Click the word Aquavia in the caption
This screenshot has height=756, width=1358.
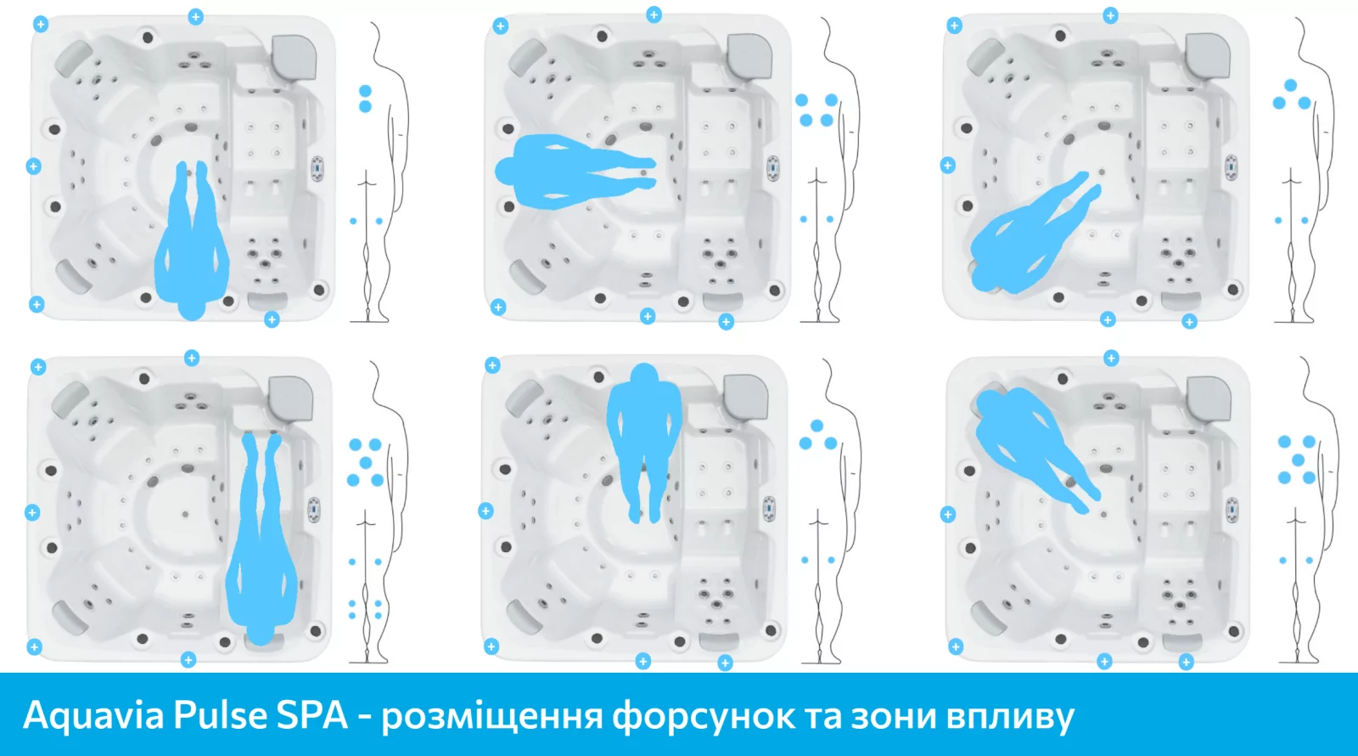[93, 715]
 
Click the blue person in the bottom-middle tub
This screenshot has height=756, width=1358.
[644, 433]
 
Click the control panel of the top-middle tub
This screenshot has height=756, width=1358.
[773, 168]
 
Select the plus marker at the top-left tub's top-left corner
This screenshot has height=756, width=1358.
[40, 25]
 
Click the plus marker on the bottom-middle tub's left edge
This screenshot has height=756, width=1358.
[485, 511]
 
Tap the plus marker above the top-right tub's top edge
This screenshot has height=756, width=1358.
[1110, 15]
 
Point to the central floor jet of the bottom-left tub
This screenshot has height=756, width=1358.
[184, 514]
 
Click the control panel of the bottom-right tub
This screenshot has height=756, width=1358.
[1232, 509]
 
